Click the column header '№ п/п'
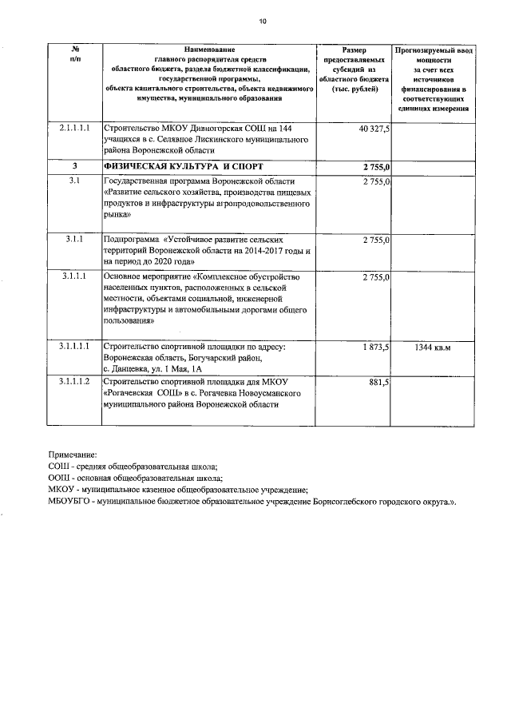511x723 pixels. pyautogui.click(x=74, y=54)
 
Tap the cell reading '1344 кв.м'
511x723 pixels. pyautogui.click(x=433, y=348)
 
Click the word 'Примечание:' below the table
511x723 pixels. pyautogui.click(x=73, y=454)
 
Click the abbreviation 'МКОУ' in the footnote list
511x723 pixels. pyautogui.click(x=61, y=490)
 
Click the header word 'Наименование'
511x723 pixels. pyautogui.click(x=208, y=50)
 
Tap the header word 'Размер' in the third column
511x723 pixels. pyautogui.click(x=353, y=50)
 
